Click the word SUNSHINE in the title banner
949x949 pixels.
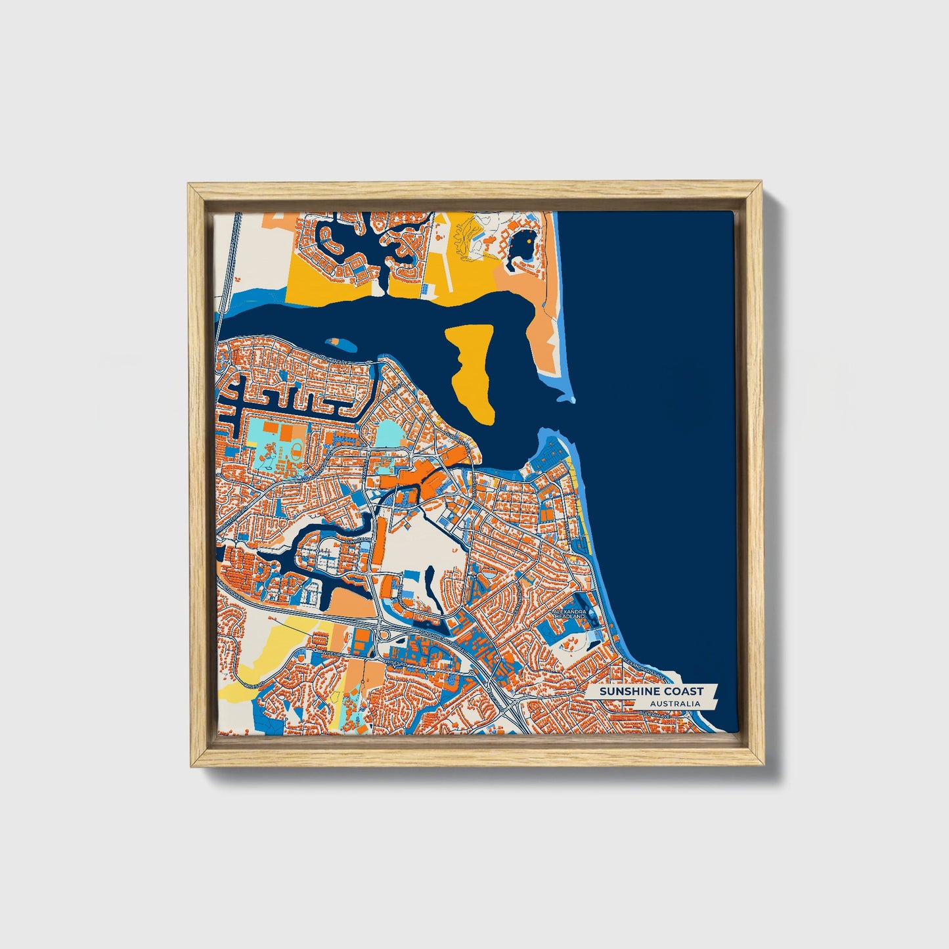click(x=622, y=691)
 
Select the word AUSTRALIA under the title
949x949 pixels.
click(x=674, y=704)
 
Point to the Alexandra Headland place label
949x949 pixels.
click(x=569, y=613)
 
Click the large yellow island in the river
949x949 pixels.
click(x=472, y=368)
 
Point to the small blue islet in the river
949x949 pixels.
click(x=335, y=342)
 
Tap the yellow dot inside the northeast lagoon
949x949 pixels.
click(x=529, y=240)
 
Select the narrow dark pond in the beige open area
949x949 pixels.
click(x=430, y=582)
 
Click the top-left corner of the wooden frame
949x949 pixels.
click(x=190, y=187)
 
